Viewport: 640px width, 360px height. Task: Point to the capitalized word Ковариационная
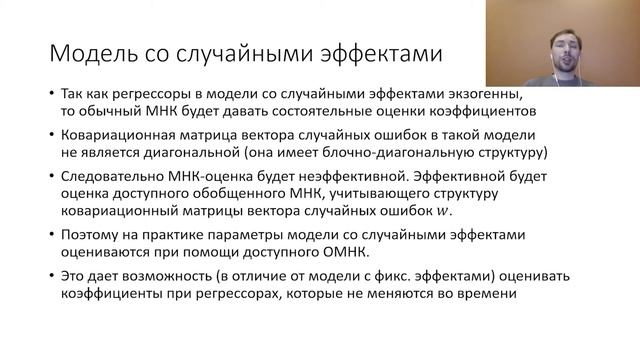click(x=114, y=135)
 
